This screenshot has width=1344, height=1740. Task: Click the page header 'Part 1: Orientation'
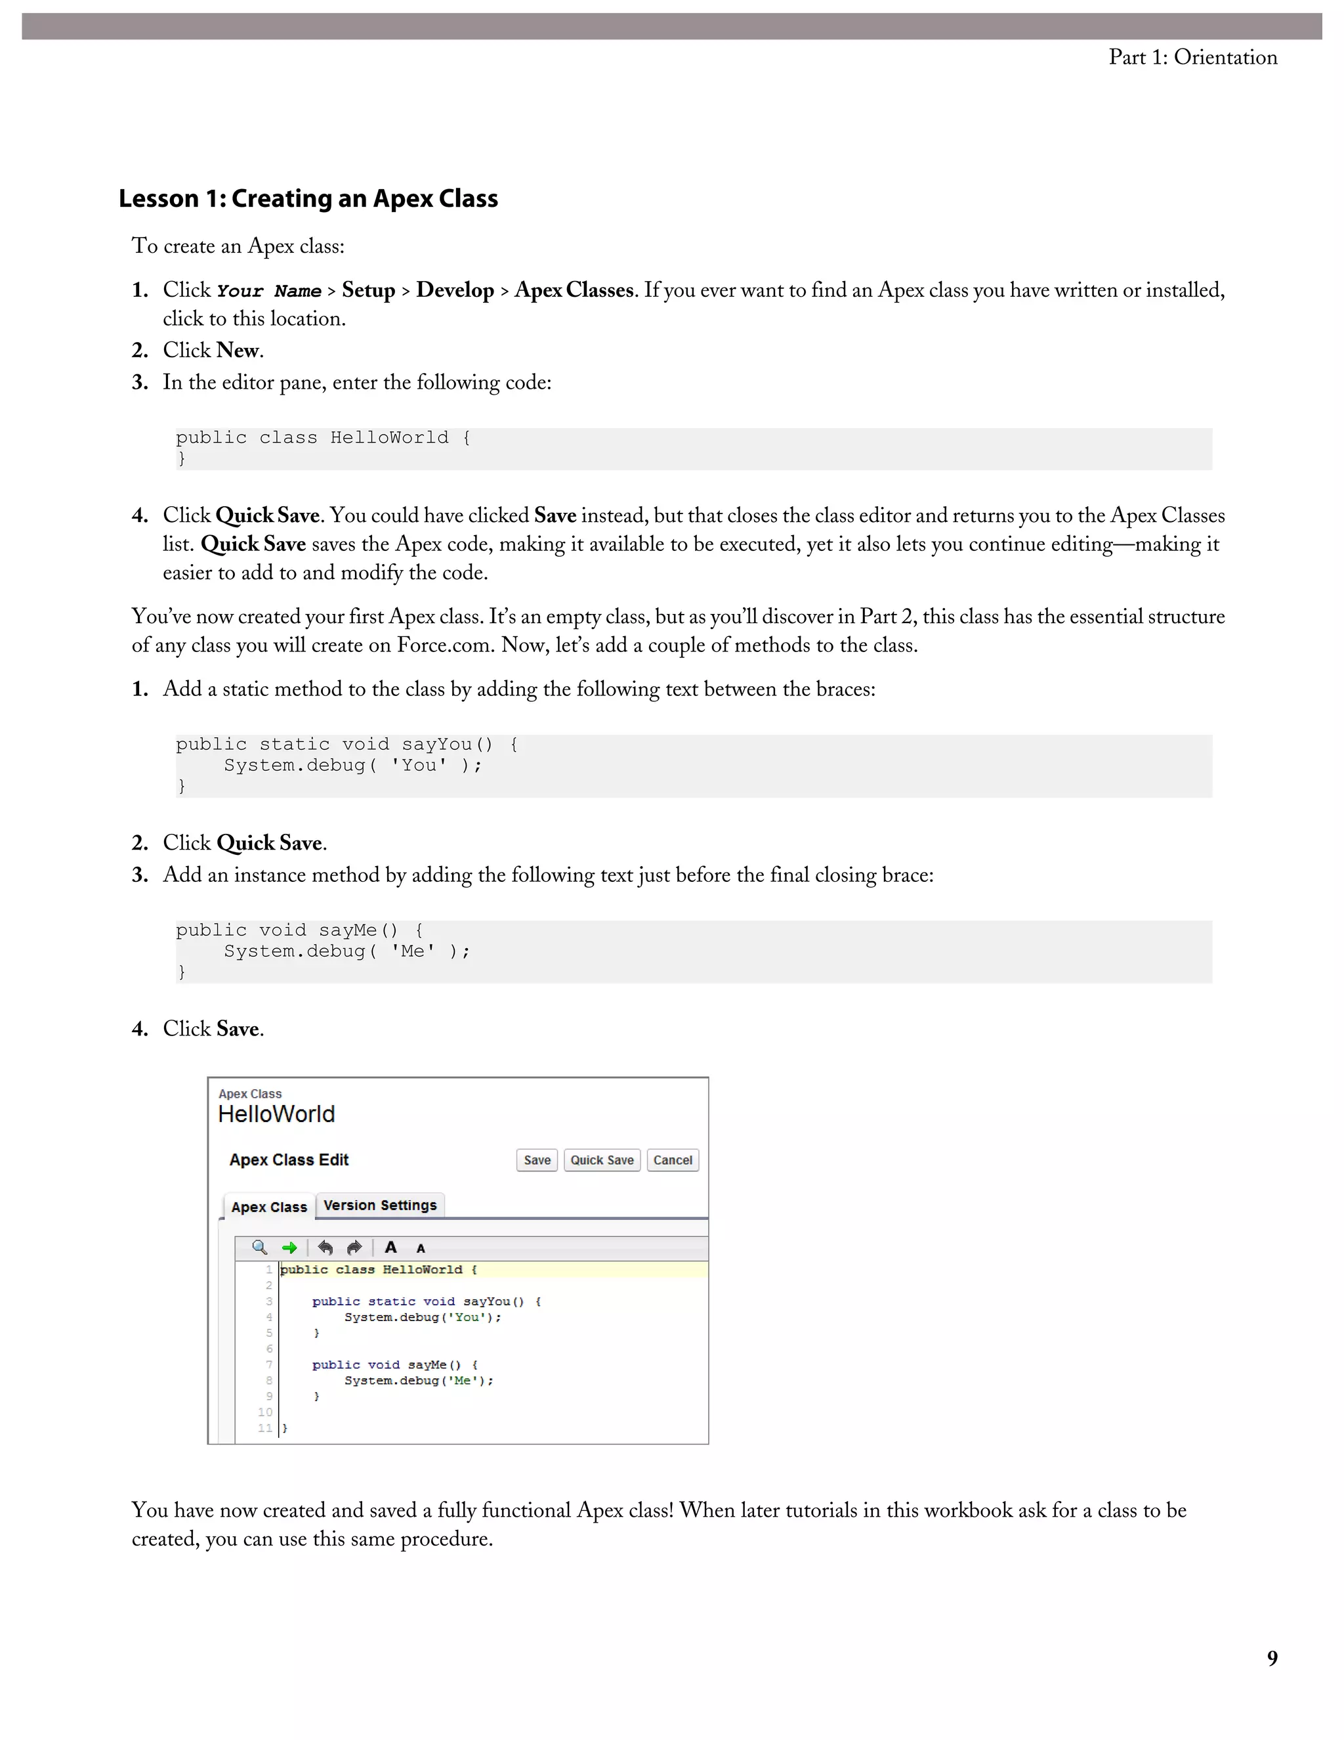point(1192,57)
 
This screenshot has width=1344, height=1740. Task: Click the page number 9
point(1272,1658)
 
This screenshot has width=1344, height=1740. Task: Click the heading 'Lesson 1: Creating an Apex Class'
point(308,198)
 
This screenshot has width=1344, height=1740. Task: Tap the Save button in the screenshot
point(537,1160)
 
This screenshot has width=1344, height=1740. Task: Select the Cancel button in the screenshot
point(672,1160)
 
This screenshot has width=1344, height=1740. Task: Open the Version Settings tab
point(380,1206)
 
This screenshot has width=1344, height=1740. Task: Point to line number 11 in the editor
point(265,1427)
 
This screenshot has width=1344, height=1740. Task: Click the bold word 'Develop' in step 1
point(455,290)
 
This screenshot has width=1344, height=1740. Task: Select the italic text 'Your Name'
point(268,292)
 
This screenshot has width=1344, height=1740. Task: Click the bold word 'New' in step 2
point(238,351)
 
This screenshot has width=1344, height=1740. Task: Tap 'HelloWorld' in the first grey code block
point(389,437)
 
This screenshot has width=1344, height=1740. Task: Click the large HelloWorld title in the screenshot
point(276,1114)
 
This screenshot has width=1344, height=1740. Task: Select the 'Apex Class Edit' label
point(288,1160)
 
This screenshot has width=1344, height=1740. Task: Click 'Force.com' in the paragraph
point(445,645)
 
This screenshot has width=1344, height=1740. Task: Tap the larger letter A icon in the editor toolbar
point(390,1247)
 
